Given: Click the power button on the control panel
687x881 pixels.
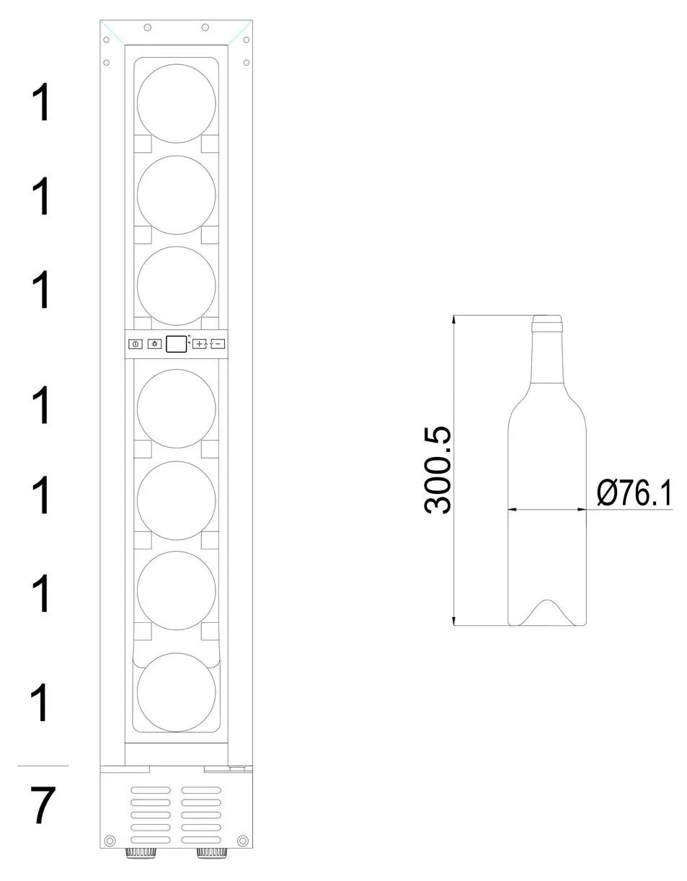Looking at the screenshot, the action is tap(136, 344).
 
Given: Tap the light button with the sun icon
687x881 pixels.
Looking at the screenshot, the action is tap(154, 344).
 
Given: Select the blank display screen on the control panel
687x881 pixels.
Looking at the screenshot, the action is tap(177, 344).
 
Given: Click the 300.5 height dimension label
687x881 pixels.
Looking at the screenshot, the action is tap(437, 470).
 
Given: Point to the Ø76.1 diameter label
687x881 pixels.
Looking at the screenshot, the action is tap(634, 493).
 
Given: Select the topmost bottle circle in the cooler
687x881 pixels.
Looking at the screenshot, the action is tap(177, 103).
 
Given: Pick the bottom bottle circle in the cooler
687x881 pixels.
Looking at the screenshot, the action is tap(177, 693).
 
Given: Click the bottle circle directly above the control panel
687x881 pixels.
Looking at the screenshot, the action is tap(177, 285).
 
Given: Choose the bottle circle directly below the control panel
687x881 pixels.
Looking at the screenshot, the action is tap(177, 408).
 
